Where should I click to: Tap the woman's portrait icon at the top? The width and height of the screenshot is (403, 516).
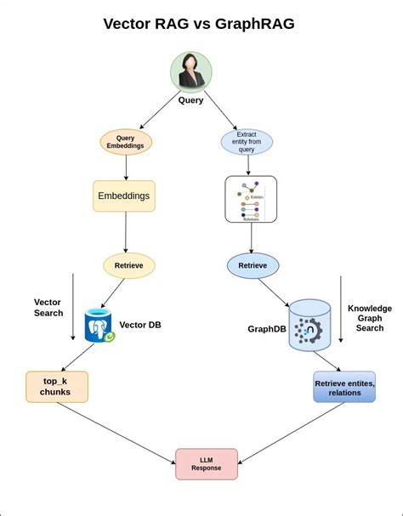pos(190,71)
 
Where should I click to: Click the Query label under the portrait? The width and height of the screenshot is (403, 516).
pos(190,100)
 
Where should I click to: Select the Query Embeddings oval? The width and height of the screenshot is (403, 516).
pos(126,141)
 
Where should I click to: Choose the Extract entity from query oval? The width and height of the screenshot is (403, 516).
pos(247,141)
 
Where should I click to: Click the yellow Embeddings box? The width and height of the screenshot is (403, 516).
pos(124,196)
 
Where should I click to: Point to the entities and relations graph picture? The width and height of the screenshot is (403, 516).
pos(250,200)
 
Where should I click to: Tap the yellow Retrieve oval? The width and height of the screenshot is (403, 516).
pos(129,265)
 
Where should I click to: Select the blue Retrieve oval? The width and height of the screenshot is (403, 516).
pos(253,265)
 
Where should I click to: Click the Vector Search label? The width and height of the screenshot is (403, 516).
pos(48,307)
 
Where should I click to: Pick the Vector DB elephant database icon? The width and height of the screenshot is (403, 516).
pos(99,326)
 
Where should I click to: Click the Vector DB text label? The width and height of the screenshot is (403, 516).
pos(140,325)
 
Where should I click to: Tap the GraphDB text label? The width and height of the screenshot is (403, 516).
pos(265,329)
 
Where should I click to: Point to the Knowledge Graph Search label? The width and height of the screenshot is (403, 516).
pos(370,318)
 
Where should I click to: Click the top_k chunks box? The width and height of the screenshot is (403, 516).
pos(56,387)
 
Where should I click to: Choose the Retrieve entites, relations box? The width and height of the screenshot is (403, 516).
pos(344,388)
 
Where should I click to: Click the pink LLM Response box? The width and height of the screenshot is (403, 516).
pos(207,463)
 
